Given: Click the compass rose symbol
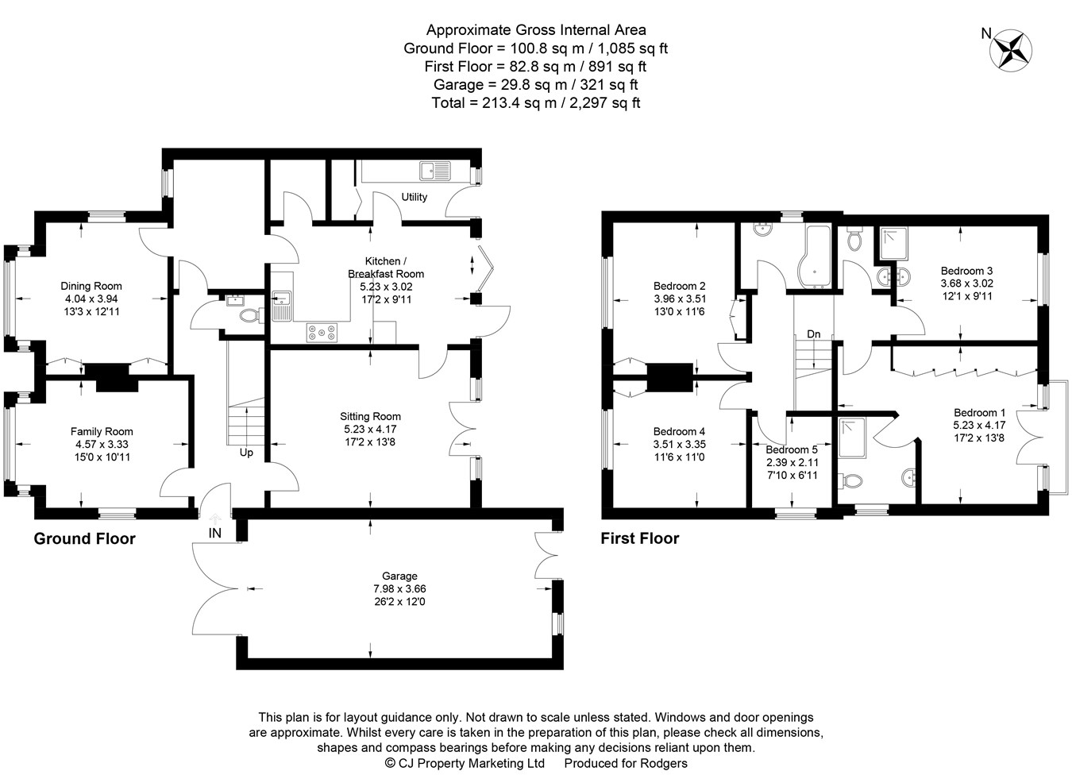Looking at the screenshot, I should click(x=1012, y=50).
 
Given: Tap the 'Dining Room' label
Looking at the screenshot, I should click(x=91, y=286).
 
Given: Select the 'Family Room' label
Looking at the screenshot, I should click(x=102, y=432).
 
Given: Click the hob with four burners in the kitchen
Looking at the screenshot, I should click(x=321, y=333).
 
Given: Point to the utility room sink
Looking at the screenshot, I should click(x=434, y=170).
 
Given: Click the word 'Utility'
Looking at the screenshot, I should click(x=414, y=197).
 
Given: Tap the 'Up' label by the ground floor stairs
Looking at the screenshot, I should click(x=246, y=453).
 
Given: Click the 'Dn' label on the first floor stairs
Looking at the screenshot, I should click(x=813, y=334).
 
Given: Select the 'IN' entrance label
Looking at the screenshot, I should click(x=214, y=534).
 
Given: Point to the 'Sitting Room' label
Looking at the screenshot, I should click(x=370, y=416).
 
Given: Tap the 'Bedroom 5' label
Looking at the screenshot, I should click(x=791, y=449).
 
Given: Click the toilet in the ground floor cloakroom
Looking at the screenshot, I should click(x=249, y=315).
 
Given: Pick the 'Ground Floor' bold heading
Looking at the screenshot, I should click(x=84, y=538).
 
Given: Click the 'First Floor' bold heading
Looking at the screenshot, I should click(x=639, y=538).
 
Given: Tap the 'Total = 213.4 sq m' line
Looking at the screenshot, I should click(x=535, y=102).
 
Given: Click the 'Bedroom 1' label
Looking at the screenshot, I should click(x=979, y=412).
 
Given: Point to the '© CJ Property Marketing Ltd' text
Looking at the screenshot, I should click(x=465, y=763).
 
